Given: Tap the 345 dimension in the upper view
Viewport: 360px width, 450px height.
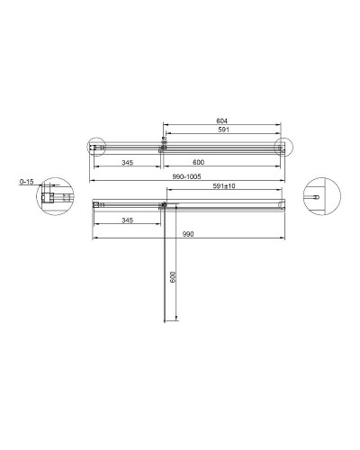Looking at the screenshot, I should coord(126,162).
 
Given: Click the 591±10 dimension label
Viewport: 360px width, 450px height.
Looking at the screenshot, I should coord(225,187).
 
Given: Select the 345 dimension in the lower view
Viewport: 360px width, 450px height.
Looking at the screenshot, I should coord(126,220).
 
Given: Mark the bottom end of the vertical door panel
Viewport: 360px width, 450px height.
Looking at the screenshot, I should coord(164,322).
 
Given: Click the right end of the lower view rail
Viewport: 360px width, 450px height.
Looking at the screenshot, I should coord(282,205).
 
